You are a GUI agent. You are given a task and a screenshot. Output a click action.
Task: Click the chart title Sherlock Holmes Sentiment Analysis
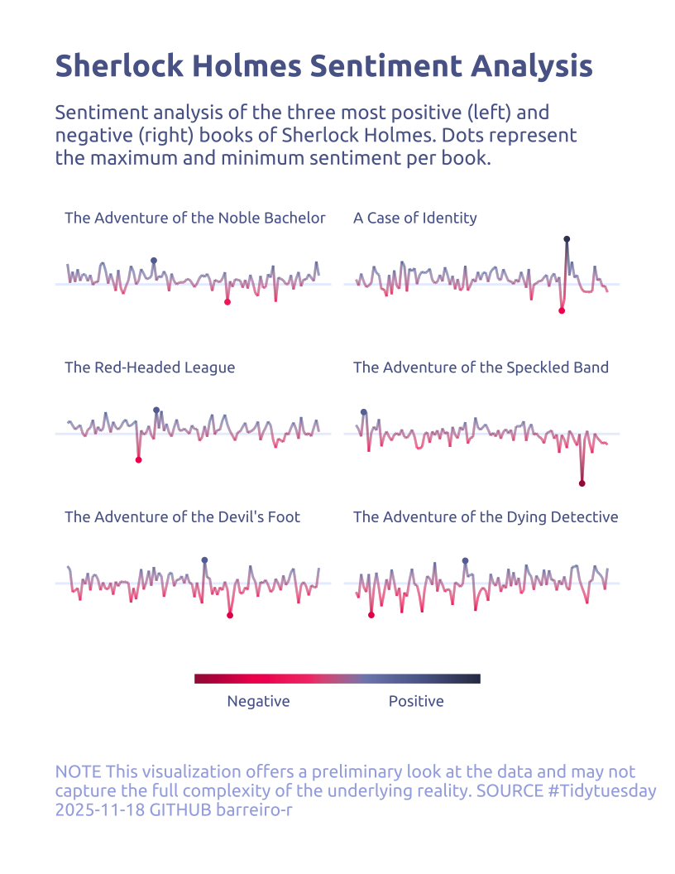click(x=323, y=66)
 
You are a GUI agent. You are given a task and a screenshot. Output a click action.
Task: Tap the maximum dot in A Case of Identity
click(x=567, y=239)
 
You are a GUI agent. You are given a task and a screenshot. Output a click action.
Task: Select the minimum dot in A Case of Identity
click(x=562, y=310)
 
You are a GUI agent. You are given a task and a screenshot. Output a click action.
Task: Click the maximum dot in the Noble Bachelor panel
click(x=153, y=261)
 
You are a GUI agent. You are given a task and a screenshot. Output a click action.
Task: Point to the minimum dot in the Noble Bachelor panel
click(x=227, y=302)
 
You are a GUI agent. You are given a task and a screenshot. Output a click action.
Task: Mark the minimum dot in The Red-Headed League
click(x=138, y=460)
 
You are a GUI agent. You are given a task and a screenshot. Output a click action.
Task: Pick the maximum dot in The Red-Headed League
click(x=156, y=411)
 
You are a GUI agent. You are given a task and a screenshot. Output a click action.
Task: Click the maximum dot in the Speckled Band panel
click(x=363, y=412)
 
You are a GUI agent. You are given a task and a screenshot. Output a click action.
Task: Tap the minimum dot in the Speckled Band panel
click(x=582, y=483)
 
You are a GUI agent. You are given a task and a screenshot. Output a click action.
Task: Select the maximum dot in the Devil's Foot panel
click(x=204, y=560)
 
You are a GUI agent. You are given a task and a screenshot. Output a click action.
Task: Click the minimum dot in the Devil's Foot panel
click(x=230, y=615)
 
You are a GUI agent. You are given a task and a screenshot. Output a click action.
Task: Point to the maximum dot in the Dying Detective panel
click(x=465, y=561)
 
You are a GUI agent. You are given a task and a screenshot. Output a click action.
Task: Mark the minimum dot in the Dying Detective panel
click(x=371, y=615)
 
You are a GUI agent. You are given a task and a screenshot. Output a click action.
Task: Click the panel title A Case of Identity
click(x=414, y=218)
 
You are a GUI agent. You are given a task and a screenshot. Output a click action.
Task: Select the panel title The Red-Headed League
click(x=150, y=367)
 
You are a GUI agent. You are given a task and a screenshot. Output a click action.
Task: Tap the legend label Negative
click(x=258, y=702)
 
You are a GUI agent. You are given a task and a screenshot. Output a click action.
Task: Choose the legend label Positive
click(x=416, y=702)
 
